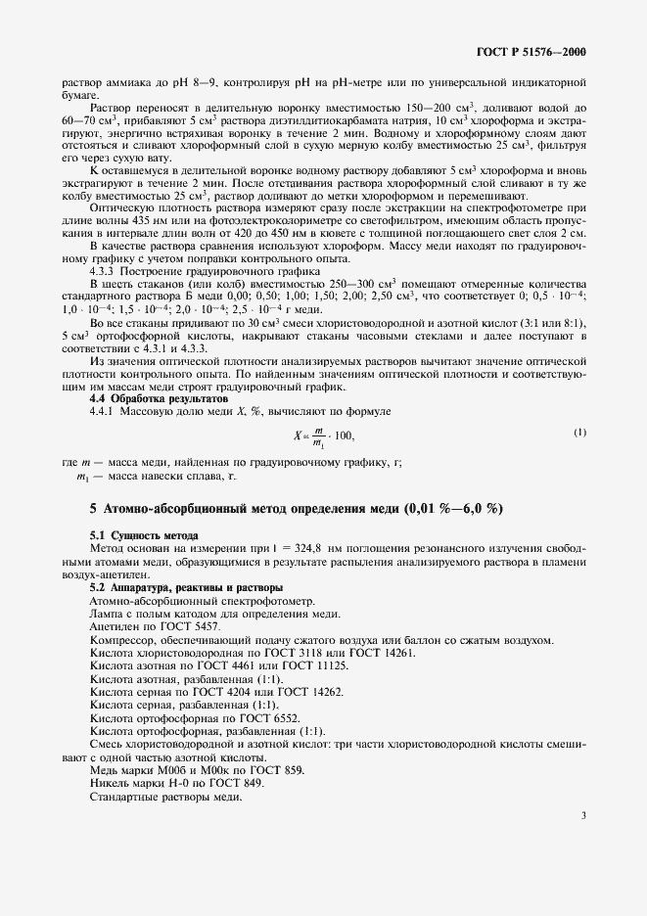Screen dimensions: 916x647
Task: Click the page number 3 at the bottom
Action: [582, 814]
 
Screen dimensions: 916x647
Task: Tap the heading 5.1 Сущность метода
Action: [144, 536]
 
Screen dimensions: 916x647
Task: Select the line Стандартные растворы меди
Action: [164, 798]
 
